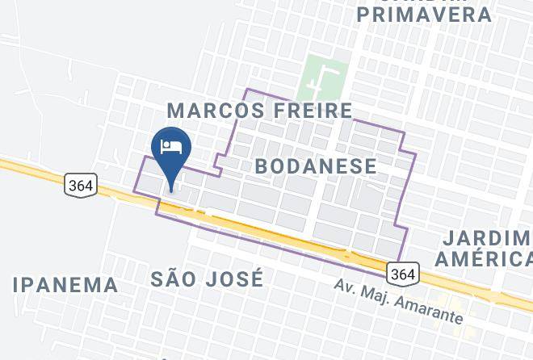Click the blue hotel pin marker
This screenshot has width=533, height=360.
tap(170, 150)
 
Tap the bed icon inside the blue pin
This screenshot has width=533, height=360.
tap(170, 146)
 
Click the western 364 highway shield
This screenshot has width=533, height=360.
tap(80, 185)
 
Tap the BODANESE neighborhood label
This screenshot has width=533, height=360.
tap(315, 167)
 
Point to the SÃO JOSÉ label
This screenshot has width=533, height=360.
tap(207, 279)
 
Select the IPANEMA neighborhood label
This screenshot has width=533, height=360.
tap(65, 284)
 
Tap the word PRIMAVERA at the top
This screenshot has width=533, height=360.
tap(424, 15)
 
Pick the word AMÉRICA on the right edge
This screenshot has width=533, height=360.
tap(484, 259)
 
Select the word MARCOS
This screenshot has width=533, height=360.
tap(212, 110)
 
